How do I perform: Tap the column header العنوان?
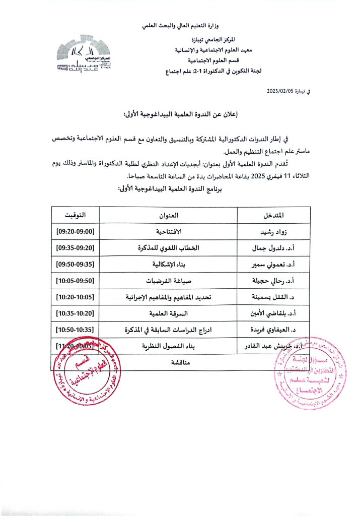click(168, 215)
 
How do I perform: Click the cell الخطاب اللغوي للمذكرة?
click(168, 248)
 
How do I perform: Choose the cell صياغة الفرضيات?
click(168, 281)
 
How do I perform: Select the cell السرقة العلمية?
click(168, 313)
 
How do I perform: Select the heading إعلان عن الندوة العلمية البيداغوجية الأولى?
click(180, 115)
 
